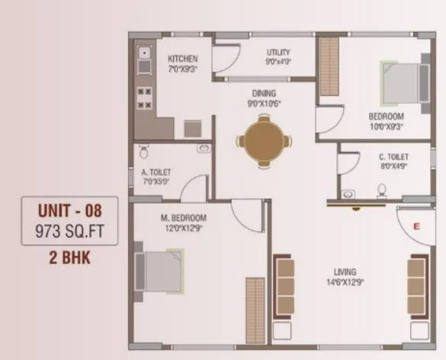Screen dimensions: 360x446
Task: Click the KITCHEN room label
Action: click(x=183, y=59)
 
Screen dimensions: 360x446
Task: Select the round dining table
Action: click(x=264, y=141)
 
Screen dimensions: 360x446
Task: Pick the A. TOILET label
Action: click(x=156, y=172)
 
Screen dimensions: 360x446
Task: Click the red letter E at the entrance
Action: click(x=416, y=227)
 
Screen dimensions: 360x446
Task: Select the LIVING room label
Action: click(x=346, y=271)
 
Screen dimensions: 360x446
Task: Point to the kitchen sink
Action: click(x=143, y=53)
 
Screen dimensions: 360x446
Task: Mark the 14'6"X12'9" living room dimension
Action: click(x=346, y=282)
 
